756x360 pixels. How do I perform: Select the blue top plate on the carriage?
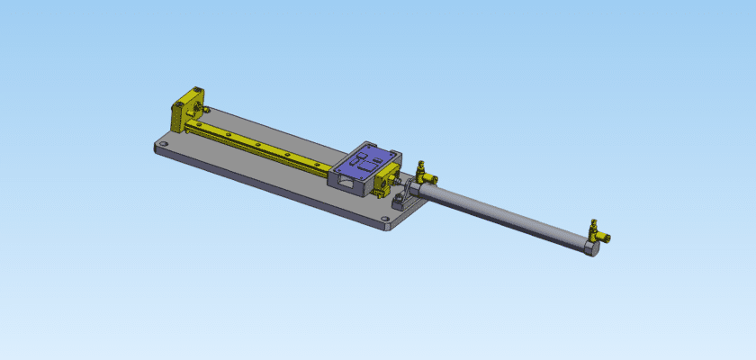[365, 163]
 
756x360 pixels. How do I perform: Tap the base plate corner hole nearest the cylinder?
[384, 218]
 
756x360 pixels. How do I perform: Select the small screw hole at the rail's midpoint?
[258, 143]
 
